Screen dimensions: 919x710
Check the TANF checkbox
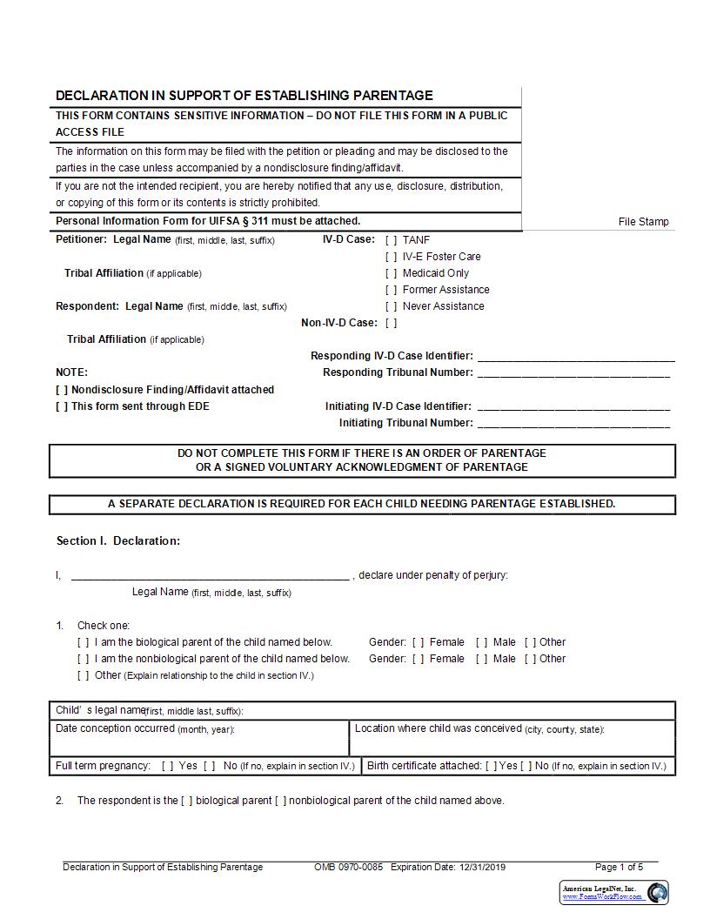click(x=392, y=240)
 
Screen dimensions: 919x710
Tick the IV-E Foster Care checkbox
click(x=392, y=257)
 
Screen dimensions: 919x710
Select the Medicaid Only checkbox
click(x=392, y=273)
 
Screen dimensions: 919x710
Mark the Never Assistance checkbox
click(x=392, y=306)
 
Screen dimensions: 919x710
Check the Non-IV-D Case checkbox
click(x=392, y=323)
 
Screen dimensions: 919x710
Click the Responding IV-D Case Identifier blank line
click(x=576, y=356)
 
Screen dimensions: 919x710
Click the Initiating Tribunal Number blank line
click(x=574, y=423)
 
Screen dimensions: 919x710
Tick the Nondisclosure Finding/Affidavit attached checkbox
click(x=62, y=390)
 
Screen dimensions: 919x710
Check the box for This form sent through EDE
click(x=62, y=406)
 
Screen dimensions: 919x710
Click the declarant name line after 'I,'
click(x=210, y=575)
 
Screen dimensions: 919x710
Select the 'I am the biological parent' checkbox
click(x=84, y=642)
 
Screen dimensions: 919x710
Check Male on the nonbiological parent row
click(x=482, y=659)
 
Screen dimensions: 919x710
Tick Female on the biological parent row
click(x=419, y=642)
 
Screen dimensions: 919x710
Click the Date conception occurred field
click(x=199, y=744)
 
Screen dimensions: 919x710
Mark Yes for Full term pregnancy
click(x=168, y=766)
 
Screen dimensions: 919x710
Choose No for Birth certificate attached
click(x=526, y=766)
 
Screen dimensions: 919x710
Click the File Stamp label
click(x=644, y=222)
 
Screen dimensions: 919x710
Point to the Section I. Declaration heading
click(x=118, y=541)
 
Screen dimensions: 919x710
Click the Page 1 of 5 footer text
click(x=619, y=867)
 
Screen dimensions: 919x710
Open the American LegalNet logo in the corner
click(x=614, y=892)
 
